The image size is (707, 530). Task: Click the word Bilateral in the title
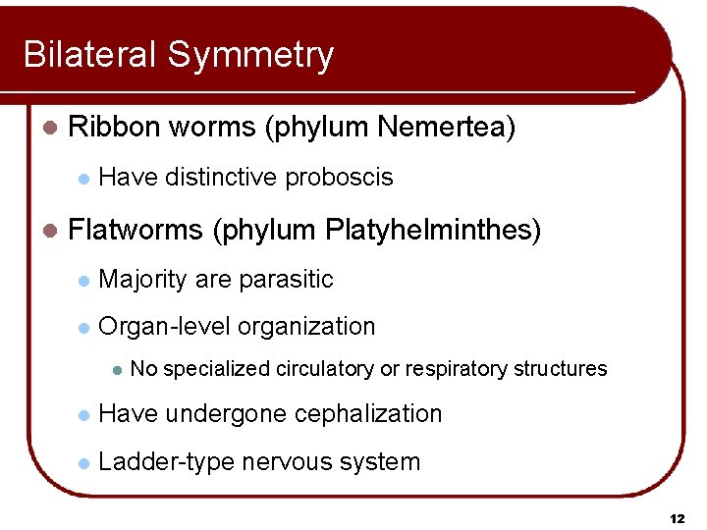[90, 55]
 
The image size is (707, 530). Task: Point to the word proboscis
[339, 178]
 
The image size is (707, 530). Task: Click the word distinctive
[221, 178]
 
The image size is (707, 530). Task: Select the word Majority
[143, 280]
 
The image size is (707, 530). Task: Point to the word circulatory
[324, 369]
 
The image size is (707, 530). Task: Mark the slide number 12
[676, 517]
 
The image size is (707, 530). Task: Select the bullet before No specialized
[116, 370]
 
